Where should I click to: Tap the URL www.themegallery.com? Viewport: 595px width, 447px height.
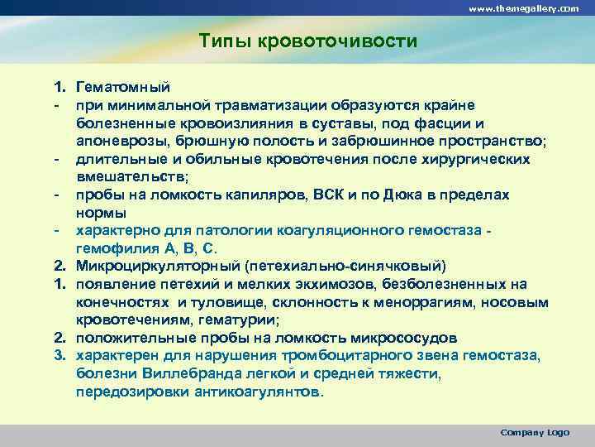tap(524, 7)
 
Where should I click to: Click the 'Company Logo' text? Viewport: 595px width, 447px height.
tap(535, 432)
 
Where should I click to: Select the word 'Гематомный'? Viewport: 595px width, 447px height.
tap(122, 87)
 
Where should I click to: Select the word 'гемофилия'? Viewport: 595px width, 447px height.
tap(114, 248)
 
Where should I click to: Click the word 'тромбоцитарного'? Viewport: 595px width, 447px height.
tap(341, 356)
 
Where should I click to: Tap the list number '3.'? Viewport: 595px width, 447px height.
tap(60, 356)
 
